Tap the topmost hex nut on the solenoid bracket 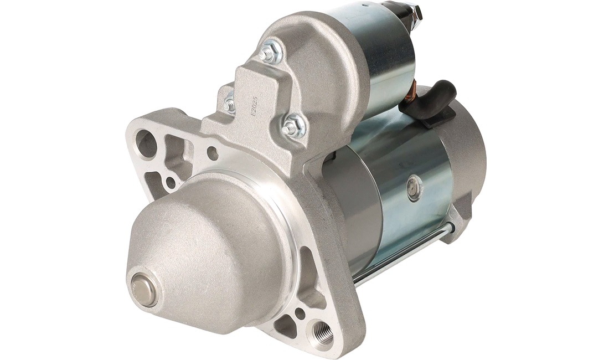pyautogui.click(x=269, y=52)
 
